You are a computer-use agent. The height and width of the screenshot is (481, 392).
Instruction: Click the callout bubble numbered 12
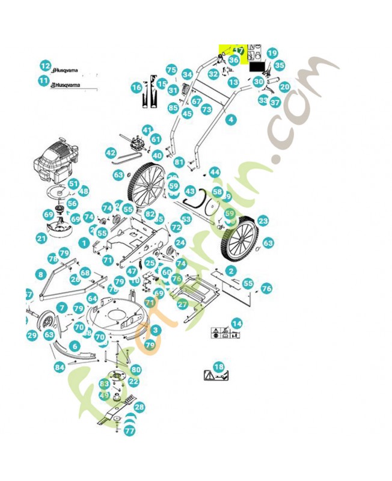coord(45,66)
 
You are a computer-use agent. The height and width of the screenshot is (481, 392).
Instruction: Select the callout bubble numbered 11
coord(43,81)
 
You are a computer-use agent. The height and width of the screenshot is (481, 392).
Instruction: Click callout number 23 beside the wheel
coord(263,221)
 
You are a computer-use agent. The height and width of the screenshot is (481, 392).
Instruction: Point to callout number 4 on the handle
coord(230,120)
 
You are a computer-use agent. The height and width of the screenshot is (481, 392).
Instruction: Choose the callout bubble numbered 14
coord(237,324)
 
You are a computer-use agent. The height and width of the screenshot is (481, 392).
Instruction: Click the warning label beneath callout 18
coord(216,376)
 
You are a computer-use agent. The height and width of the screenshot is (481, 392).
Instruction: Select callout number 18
coord(219,367)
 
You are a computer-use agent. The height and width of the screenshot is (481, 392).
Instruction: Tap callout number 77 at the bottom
coord(129,430)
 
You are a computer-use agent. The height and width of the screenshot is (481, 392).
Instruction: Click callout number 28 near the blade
coord(139,408)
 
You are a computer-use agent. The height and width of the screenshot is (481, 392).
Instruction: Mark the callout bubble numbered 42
coord(110,153)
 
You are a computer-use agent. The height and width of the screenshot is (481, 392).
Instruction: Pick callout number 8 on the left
coord(40,274)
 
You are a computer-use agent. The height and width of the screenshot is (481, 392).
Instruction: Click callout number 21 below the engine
coord(41,239)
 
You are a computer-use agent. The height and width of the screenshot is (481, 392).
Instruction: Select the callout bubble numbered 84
coord(59,367)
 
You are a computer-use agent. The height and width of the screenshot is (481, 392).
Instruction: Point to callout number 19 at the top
coord(272,54)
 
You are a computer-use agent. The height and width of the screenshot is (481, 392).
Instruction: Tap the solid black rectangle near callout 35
coord(257,67)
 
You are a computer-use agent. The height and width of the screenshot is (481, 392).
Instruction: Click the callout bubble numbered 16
coord(136,88)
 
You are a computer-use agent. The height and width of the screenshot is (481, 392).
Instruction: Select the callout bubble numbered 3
coord(156,330)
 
